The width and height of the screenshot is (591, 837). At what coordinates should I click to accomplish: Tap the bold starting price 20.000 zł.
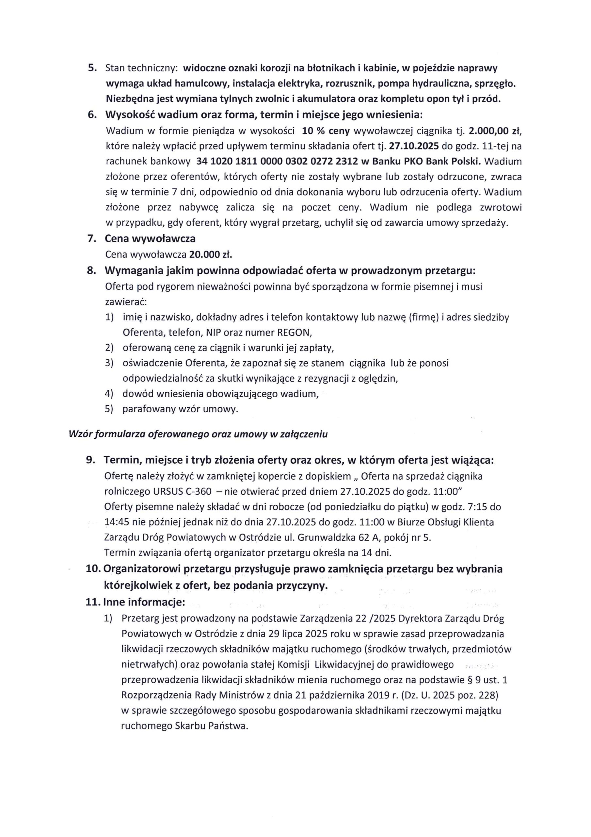(211, 254)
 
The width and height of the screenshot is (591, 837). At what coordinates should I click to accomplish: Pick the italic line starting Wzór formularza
(198, 434)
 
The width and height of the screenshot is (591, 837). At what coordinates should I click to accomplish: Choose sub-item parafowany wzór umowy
(180, 409)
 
